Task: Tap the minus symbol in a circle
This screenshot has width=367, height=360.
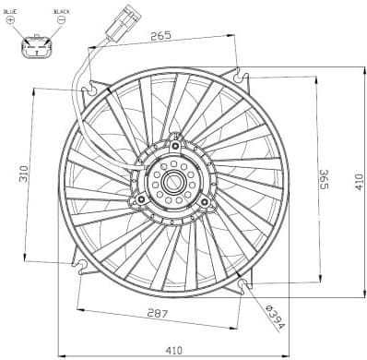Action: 61,19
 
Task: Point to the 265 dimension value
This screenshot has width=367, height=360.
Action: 160,37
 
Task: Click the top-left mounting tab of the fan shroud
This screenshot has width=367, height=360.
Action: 89,90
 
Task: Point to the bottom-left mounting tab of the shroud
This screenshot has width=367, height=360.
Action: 81,268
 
